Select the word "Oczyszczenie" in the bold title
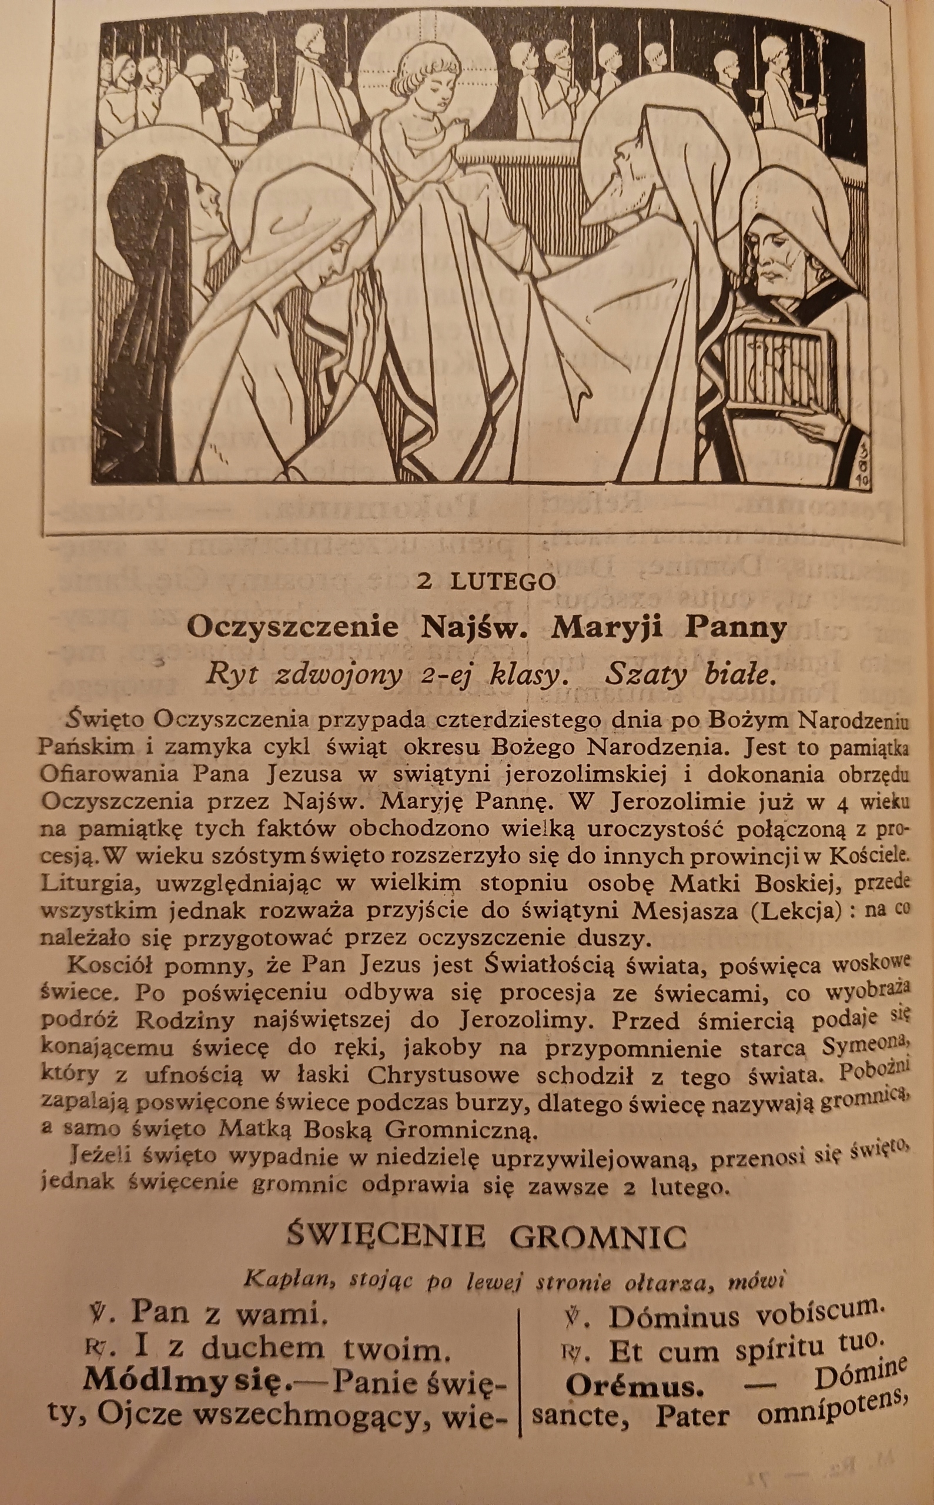(x=293, y=628)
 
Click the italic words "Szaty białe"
(x=689, y=675)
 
